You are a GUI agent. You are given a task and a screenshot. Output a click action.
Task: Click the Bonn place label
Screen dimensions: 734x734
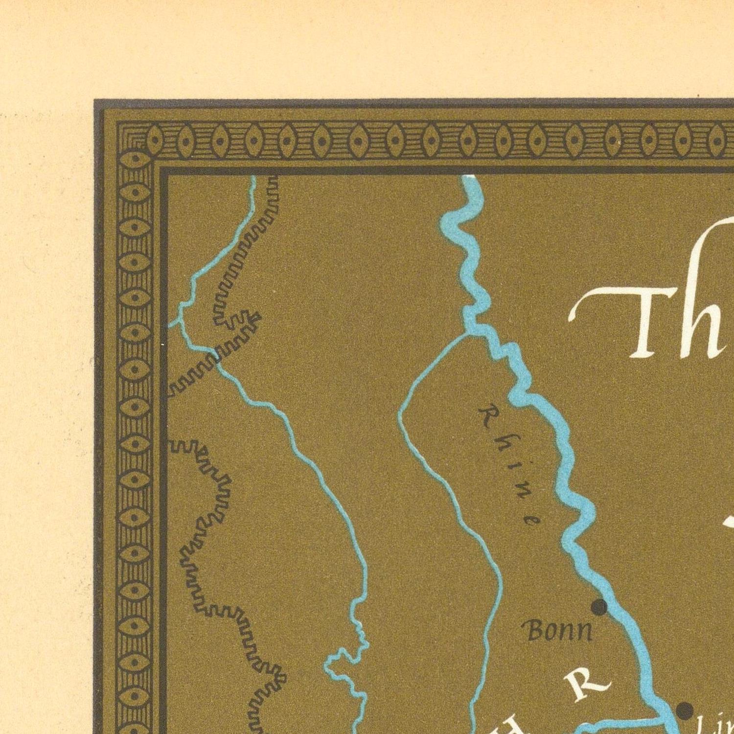pos(558,630)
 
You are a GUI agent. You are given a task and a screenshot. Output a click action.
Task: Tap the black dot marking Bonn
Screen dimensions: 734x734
pos(599,607)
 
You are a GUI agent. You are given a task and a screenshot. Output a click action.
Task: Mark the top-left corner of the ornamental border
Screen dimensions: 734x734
pos(117,122)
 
